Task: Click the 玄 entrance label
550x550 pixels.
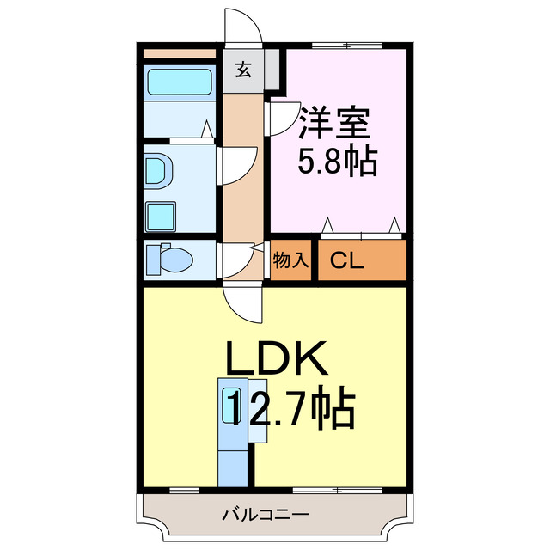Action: click(244, 70)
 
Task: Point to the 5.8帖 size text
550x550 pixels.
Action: click(336, 161)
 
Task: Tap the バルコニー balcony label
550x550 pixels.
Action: click(265, 516)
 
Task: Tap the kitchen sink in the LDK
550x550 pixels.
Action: click(231, 405)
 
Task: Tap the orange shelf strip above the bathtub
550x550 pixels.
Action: click(179, 53)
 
